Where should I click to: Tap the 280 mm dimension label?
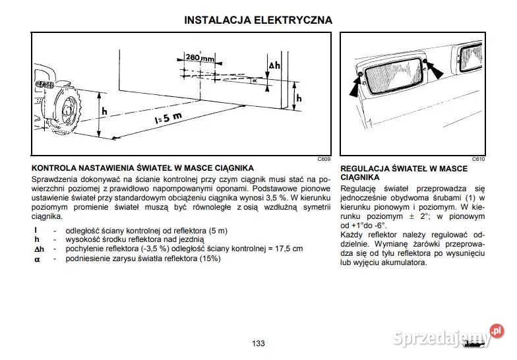click(200, 59)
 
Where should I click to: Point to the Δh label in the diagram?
click(275, 67)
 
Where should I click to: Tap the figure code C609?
click(324, 160)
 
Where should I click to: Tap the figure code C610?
click(479, 160)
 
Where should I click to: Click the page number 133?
click(258, 344)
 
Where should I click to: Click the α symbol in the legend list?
click(37, 258)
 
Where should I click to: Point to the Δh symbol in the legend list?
click(39, 249)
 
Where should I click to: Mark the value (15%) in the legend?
click(208, 258)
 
